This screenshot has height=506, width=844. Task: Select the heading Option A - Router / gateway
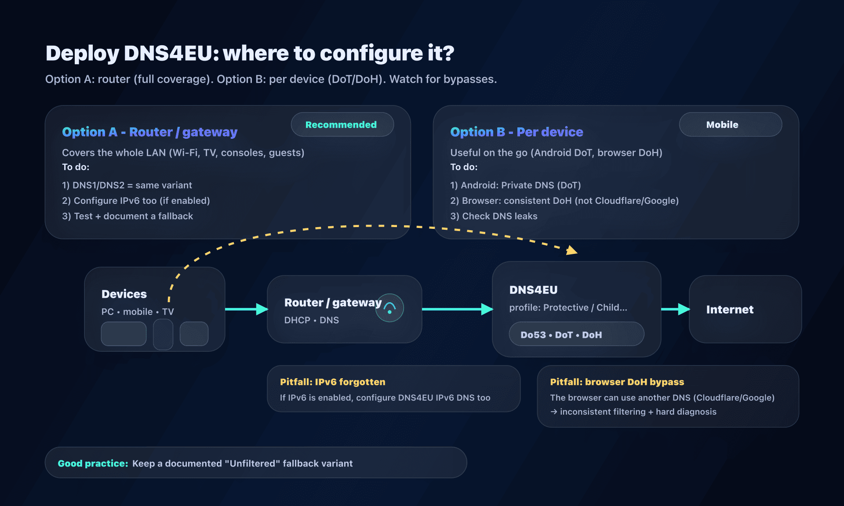point(149,132)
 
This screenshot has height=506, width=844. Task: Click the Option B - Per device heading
point(517,132)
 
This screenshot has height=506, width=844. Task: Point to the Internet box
point(745,309)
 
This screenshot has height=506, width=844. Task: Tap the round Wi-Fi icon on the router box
point(389,308)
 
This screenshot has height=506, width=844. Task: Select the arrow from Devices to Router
point(246,309)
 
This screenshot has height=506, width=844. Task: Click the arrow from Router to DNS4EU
point(457,309)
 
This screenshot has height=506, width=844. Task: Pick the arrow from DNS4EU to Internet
point(675,309)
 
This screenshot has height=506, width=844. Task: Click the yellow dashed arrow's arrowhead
point(571,250)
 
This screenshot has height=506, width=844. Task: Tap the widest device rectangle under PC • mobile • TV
point(124,334)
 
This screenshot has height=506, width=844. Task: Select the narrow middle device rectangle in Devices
point(163,334)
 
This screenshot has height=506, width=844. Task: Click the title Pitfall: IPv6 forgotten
point(332,382)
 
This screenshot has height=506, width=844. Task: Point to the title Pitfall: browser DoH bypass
point(617,382)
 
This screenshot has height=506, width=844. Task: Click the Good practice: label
point(93,463)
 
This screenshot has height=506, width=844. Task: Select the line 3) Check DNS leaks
point(494,216)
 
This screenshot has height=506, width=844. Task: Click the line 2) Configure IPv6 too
point(136,201)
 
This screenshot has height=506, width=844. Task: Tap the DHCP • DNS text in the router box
point(311,320)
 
